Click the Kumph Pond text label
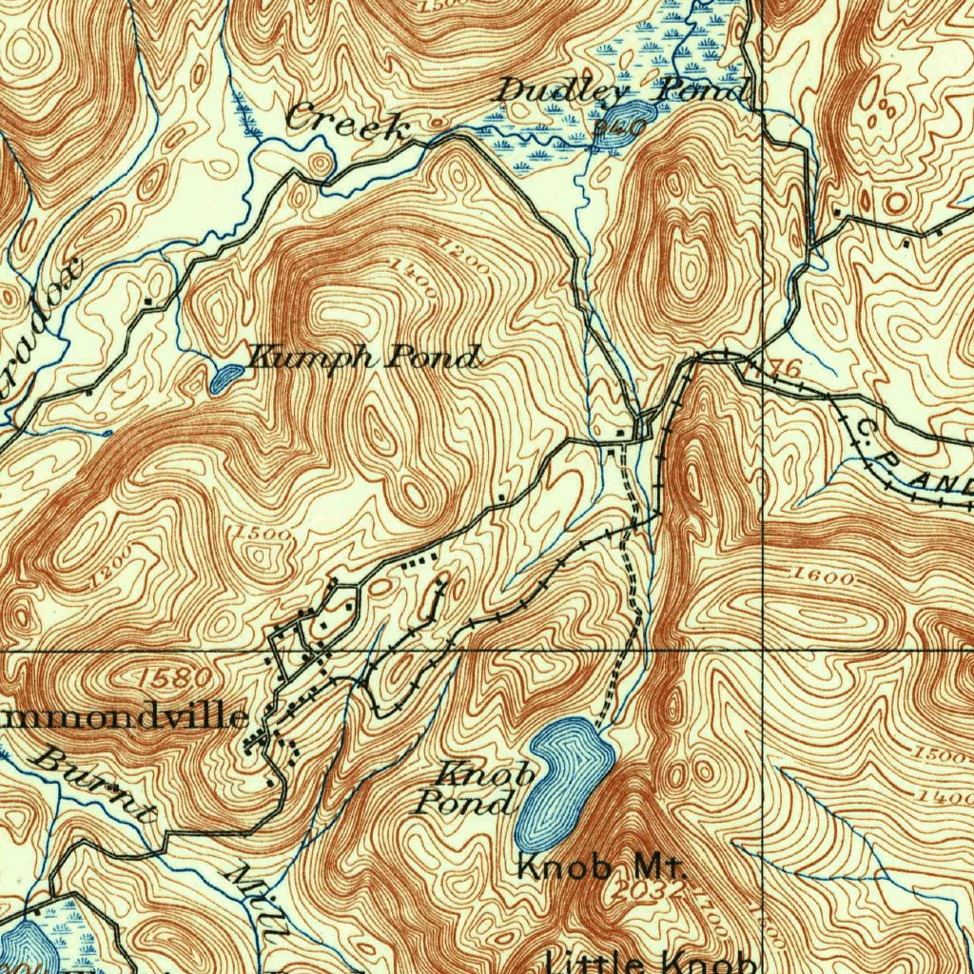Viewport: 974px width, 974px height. click(362, 358)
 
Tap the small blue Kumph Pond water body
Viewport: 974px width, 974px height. click(225, 379)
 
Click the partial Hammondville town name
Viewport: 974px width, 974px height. click(124, 716)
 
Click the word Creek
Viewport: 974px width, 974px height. click(346, 121)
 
